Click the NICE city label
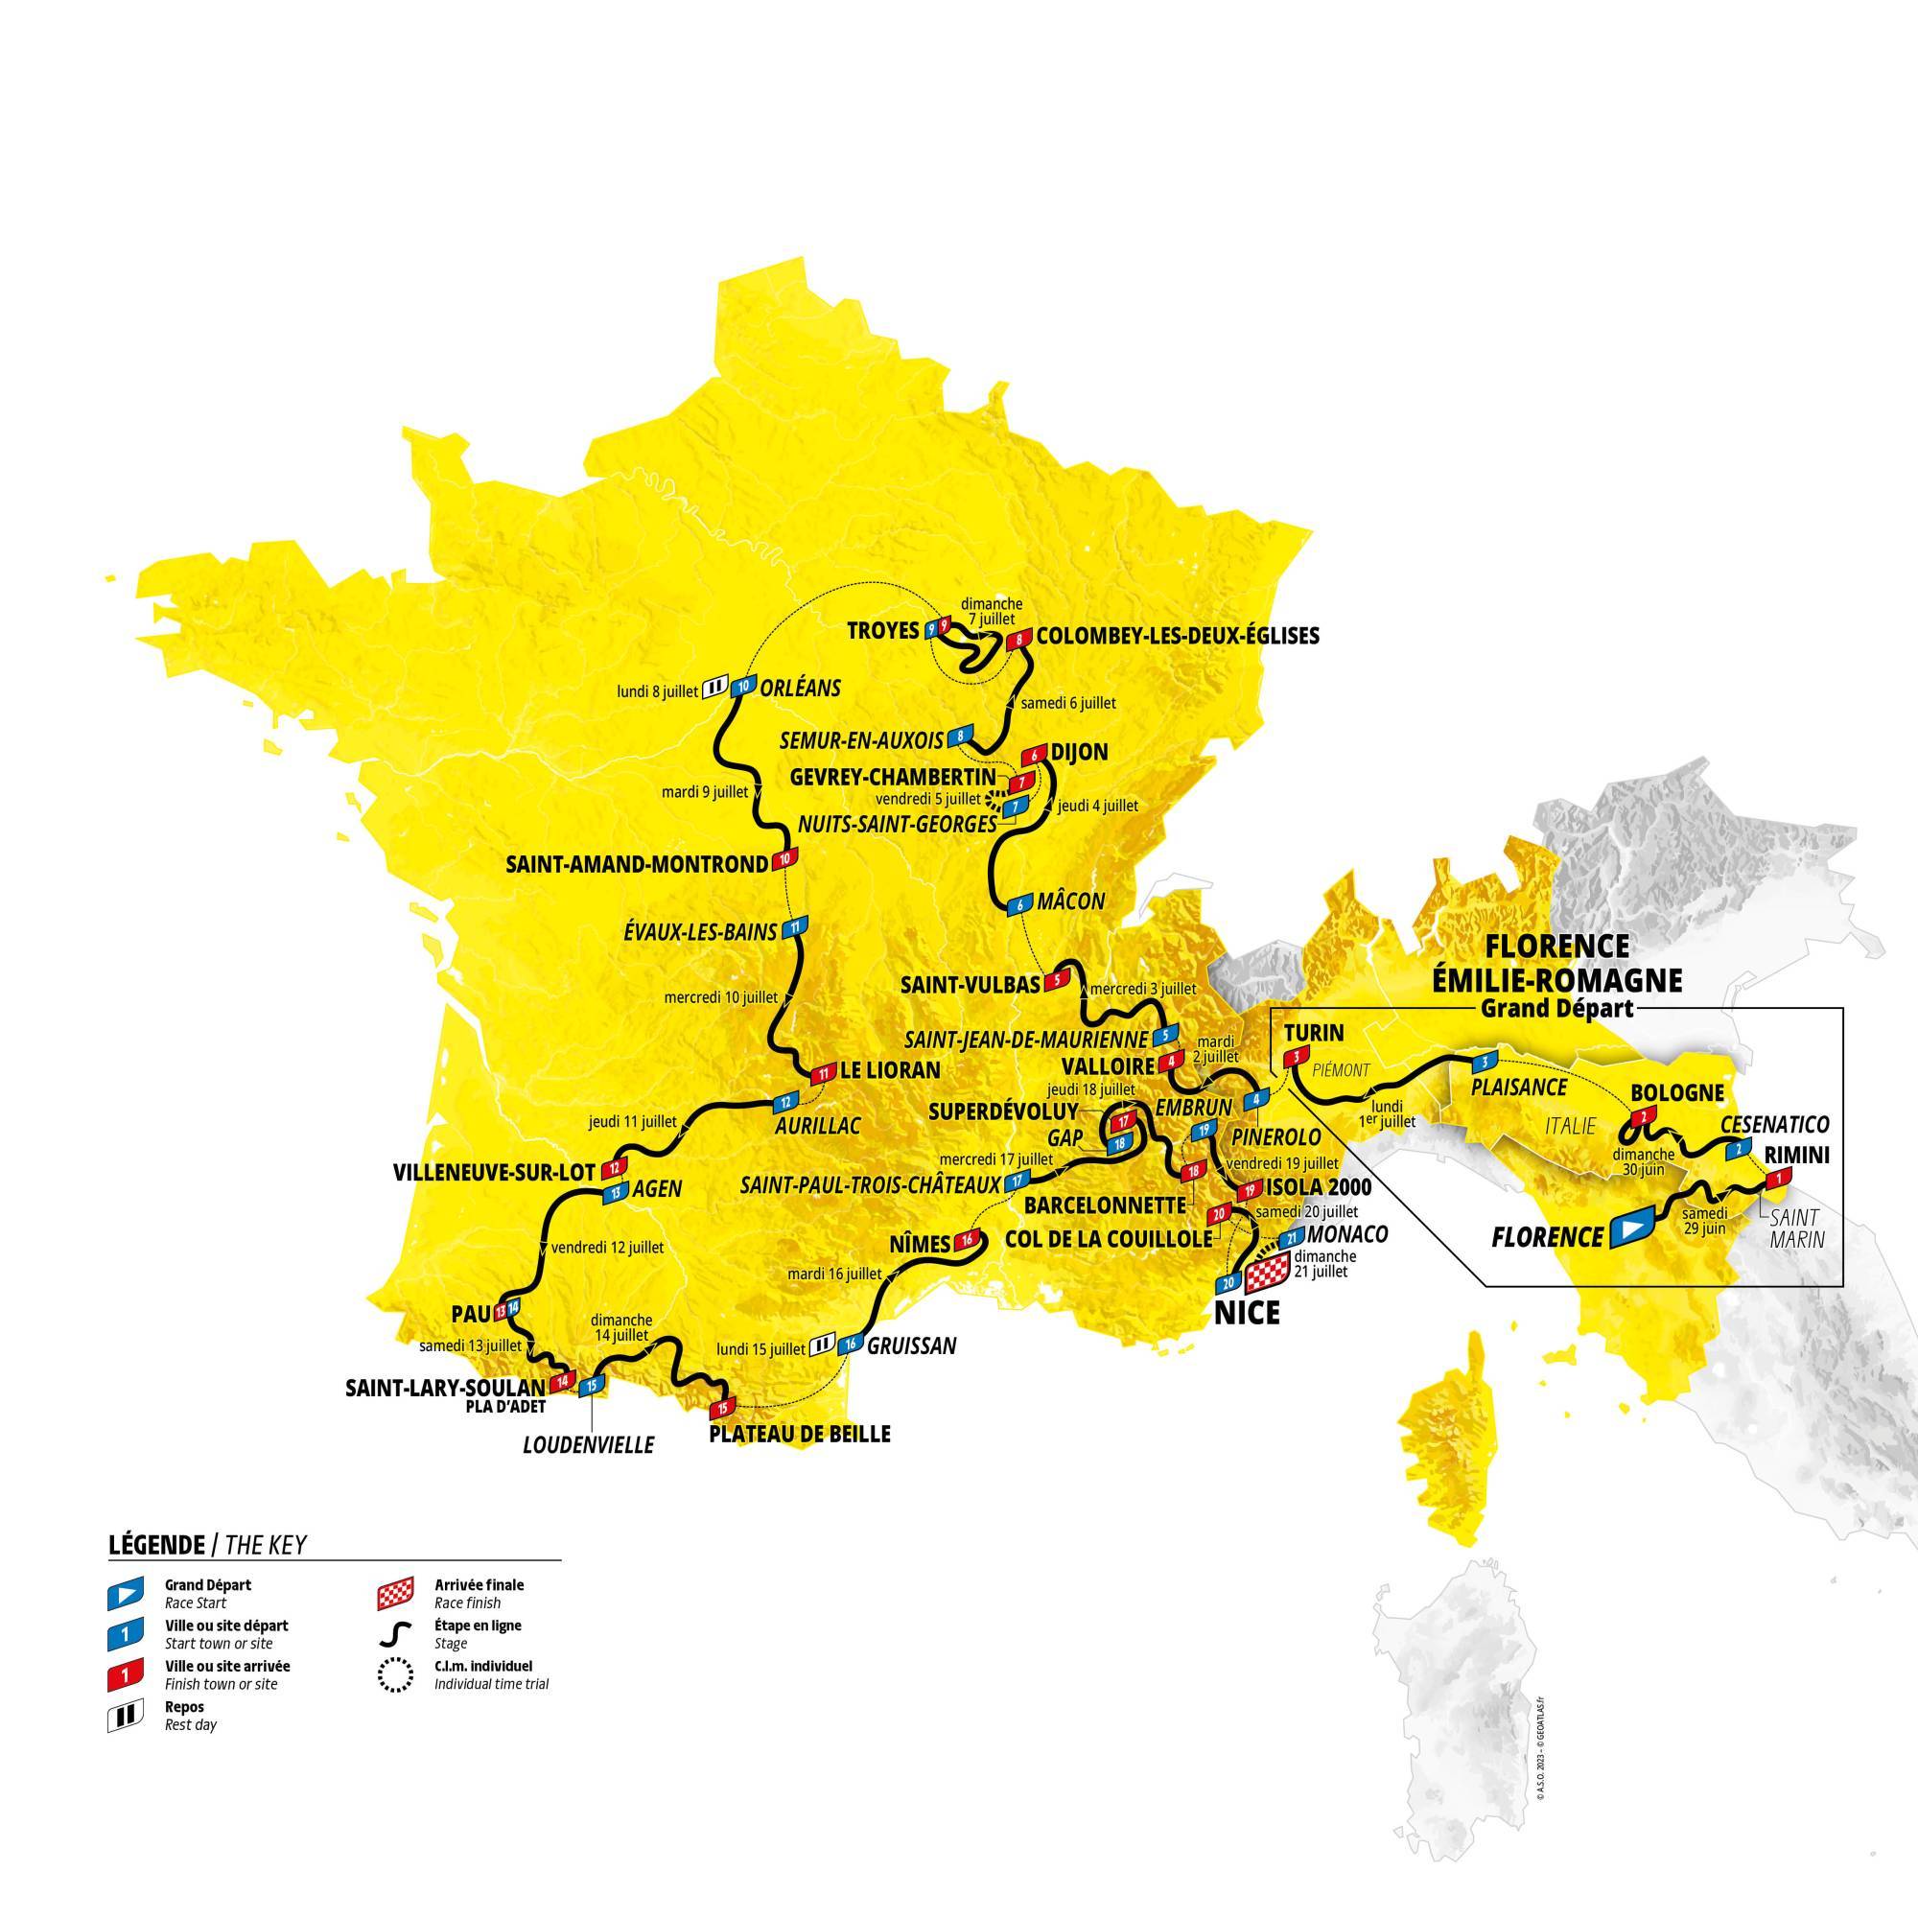[x=1247, y=1313]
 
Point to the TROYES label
[x=882, y=630]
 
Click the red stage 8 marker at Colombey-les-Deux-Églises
[x=1018, y=641]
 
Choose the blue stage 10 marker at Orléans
[x=743, y=687]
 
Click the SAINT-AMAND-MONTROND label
[x=637, y=864]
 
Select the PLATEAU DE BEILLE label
[x=798, y=1434]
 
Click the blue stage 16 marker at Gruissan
[x=850, y=1345]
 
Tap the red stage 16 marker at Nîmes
[x=969, y=1239]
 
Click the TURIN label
[x=1314, y=1033]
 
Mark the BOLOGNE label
[x=1676, y=1093]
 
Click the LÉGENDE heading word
[x=153, y=1545]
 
